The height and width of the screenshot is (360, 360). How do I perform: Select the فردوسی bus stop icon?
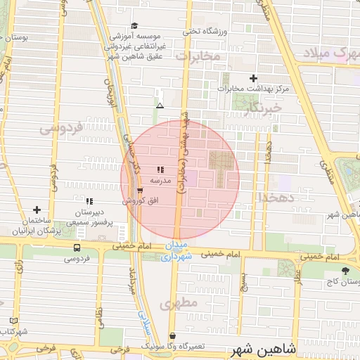click(x=77, y=248)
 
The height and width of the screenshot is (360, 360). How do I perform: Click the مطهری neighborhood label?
click(x=176, y=304)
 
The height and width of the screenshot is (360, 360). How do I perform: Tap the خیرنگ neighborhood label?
click(x=264, y=108)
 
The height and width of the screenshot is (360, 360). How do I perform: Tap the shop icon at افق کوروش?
click(x=141, y=191)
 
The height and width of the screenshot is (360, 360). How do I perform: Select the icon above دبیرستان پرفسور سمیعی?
click(x=89, y=201)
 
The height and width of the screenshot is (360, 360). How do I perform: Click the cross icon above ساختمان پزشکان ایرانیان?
click(x=37, y=210)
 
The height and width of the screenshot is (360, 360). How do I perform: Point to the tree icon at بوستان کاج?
click(x=345, y=271)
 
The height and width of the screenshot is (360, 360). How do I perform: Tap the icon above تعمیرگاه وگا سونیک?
click(x=173, y=336)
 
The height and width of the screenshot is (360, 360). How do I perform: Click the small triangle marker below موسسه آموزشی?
click(x=160, y=105)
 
